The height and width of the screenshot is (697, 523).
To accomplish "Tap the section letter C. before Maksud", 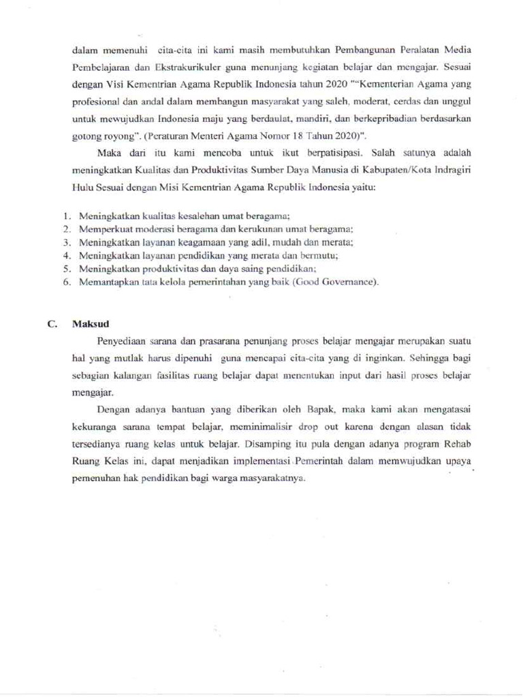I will (x=52, y=324).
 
